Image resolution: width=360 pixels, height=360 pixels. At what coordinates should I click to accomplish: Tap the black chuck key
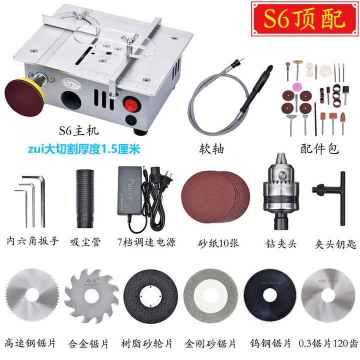coord(327,192)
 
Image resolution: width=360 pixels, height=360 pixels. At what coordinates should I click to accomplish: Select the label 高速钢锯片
coord(30,344)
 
